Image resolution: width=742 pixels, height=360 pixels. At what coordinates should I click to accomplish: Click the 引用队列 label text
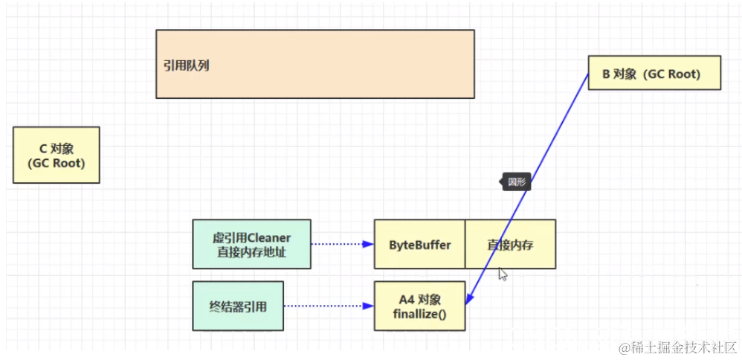pyautogui.click(x=187, y=65)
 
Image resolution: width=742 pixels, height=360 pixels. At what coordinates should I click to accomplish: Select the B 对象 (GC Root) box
pyautogui.click(x=654, y=73)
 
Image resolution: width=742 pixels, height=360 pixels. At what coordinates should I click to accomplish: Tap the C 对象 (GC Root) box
pyautogui.click(x=56, y=155)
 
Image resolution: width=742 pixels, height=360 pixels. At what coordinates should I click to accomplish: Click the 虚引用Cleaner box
pyautogui.click(x=251, y=244)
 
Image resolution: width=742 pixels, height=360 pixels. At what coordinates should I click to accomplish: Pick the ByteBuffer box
pyautogui.click(x=419, y=244)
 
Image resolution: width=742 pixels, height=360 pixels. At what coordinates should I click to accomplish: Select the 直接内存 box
pyautogui.click(x=510, y=244)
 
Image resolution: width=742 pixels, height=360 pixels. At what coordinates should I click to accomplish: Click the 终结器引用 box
pyautogui.click(x=238, y=306)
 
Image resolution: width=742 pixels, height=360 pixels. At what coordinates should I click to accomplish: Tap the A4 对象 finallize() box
pyautogui.click(x=419, y=306)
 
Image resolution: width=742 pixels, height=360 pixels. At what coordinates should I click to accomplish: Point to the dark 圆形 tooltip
pyautogui.click(x=516, y=182)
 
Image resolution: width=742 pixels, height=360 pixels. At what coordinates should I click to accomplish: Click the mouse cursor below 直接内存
pyautogui.click(x=503, y=274)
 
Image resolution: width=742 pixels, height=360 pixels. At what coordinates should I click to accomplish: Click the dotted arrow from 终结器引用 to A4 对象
pyautogui.click(x=323, y=306)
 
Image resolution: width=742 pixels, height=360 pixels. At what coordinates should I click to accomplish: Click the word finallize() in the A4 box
pyautogui.click(x=419, y=313)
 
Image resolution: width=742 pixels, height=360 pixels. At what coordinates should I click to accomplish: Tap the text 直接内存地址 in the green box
pyautogui.click(x=251, y=251)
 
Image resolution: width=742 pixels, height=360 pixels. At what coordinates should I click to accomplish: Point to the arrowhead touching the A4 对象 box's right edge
pyautogui.click(x=468, y=300)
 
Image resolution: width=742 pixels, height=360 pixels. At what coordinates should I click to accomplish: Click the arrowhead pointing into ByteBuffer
pyautogui.click(x=368, y=244)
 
